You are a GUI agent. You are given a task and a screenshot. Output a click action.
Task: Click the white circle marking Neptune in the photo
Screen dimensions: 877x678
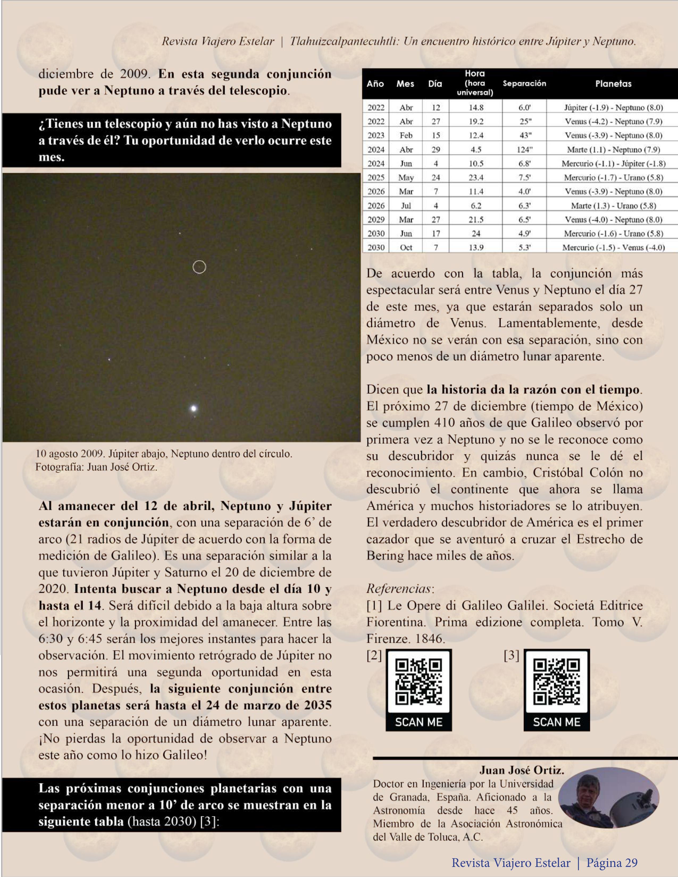point(199,267)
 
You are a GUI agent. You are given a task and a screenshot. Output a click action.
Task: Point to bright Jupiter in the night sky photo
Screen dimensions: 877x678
point(194,409)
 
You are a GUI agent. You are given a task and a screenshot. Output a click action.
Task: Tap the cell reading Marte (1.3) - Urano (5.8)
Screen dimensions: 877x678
point(613,206)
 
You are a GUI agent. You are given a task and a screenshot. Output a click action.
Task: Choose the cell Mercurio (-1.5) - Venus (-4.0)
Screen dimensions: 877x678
point(613,247)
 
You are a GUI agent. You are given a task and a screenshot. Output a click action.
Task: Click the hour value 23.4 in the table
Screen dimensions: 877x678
point(476,177)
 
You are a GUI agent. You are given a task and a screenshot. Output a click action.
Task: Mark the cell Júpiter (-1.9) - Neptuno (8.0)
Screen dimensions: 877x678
point(613,108)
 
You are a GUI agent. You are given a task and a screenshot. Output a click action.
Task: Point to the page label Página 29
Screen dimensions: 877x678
point(612,863)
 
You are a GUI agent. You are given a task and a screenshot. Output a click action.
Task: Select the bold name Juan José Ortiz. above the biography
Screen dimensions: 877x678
point(521,770)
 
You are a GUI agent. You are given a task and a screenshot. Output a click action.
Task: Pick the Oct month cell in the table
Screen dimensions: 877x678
point(406,247)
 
